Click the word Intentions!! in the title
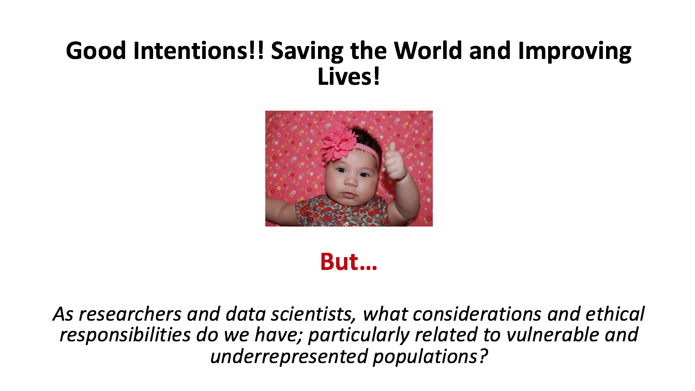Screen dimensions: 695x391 click(x=199, y=51)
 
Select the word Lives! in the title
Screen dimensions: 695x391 click(x=349, y=77)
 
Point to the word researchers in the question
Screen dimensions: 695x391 click(x=130, y=314)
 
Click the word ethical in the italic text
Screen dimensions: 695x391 click(x=615, y=313)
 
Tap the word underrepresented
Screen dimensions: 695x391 click(x=289, y=356)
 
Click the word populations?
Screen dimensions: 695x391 click(x=430, y=357)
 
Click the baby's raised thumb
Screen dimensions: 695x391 click(x=392, y=148)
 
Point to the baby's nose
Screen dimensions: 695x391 click(x=351, y=181)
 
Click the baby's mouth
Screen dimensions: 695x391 click(x=350, y=195)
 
